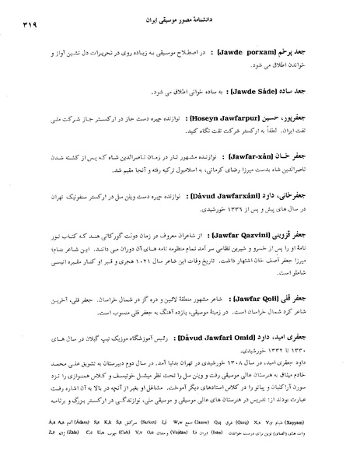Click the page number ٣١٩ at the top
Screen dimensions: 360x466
coord(23,25)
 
